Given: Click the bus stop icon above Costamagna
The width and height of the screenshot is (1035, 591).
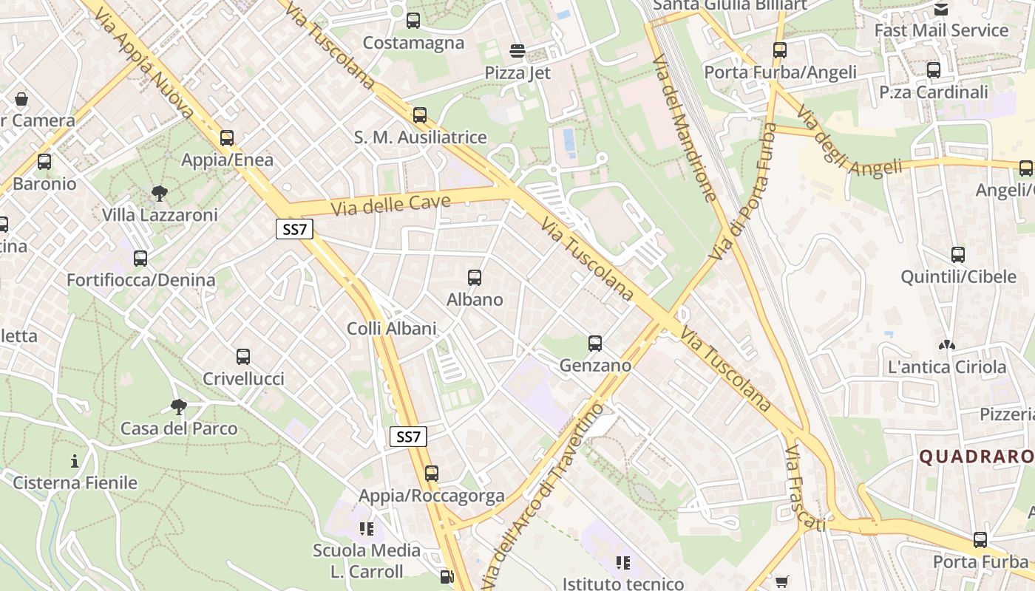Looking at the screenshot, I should (x=413, y=21).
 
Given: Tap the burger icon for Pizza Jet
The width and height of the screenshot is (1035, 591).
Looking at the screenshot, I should (x=517, y=51).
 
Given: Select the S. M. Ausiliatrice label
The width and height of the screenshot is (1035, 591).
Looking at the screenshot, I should (x=420, y=137).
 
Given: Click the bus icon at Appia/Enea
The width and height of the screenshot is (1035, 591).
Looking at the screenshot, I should (x=227, y=138).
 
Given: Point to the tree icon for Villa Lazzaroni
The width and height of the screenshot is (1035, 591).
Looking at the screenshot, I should (x=159, y=194).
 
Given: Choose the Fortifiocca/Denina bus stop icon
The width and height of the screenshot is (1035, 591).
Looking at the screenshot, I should (x=140, y=259).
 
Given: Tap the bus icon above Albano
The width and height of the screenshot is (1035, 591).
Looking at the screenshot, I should (x=475, y=278).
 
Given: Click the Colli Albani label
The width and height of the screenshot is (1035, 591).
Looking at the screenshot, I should (x=392, y=329).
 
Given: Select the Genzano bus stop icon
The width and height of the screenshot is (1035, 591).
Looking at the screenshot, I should (x=595, y=344).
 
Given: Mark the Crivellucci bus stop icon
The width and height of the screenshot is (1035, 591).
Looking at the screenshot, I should (x=243, y=357).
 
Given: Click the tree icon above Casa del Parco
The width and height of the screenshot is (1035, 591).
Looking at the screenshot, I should (x=178, y=406).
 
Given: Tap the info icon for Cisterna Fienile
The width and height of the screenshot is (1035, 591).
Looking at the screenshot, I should (x=75, y=462).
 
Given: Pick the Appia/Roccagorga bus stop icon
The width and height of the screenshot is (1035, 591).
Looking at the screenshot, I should (x=432, y=474).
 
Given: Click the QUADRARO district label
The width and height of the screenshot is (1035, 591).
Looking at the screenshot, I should (x=976, y=457).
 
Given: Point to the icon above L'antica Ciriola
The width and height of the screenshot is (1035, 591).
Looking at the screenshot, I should (x=946, y=345).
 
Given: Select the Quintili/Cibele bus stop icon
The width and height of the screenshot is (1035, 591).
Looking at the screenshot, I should (x=958, y=255).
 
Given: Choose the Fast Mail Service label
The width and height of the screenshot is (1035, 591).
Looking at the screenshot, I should (x=941, y=30).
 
